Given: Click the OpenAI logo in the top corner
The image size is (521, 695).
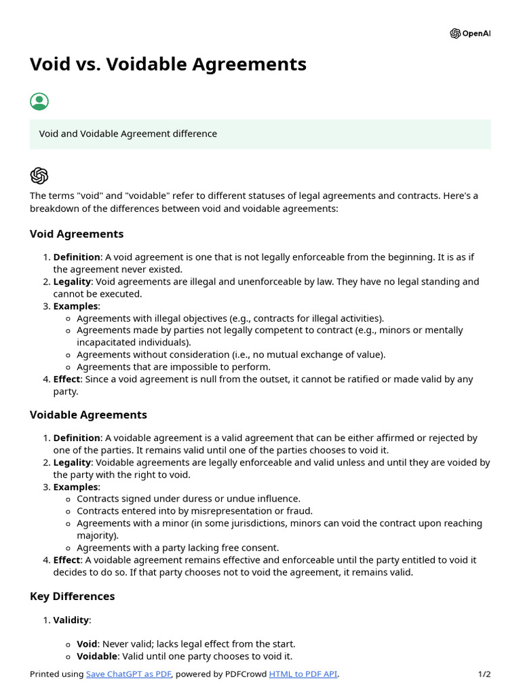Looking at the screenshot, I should (469, 33).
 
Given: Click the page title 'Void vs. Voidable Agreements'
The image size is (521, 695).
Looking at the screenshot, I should (168, 64).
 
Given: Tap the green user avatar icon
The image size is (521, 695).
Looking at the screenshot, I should (39, 102).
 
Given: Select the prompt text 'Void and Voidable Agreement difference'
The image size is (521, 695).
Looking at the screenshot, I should (128, 134).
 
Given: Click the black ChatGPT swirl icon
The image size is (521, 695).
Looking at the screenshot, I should (39, 176).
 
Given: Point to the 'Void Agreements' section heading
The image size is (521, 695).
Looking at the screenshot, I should (77, 234).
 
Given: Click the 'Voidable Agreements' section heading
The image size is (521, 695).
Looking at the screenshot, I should (88, 415).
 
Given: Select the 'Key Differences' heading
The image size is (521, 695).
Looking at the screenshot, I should (72, 597).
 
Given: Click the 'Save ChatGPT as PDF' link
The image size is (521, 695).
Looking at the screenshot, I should (129, 674).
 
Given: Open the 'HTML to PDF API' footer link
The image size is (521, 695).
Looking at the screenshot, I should (303, 674).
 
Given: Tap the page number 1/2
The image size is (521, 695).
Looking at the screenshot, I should (484, 674).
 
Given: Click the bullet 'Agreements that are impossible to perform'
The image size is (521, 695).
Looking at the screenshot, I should (173, 367).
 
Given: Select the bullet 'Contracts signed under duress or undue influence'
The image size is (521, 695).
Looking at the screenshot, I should (188, 499).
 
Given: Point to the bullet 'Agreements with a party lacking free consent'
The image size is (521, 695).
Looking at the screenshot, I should (177, 548).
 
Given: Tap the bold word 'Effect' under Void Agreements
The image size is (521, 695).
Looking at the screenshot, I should (66, 379).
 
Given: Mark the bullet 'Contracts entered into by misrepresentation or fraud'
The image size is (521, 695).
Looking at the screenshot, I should (195, 511).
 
